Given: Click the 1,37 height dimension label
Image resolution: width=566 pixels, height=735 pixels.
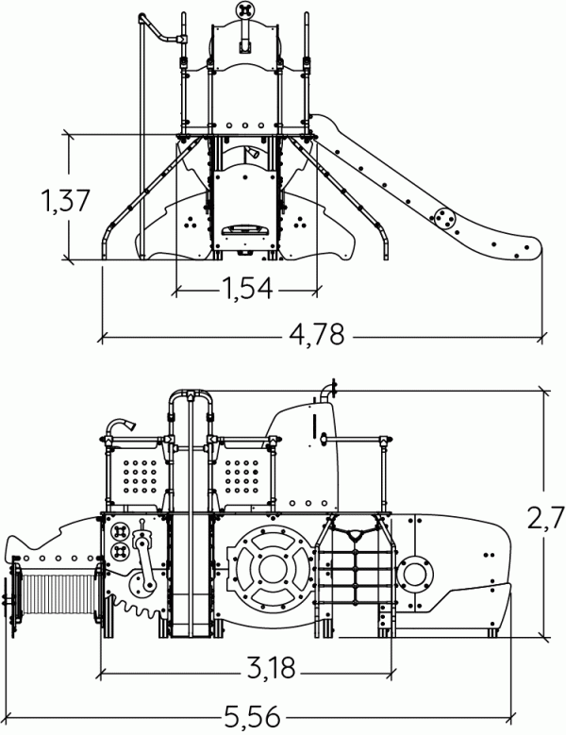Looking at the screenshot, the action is click(x=65, y=201).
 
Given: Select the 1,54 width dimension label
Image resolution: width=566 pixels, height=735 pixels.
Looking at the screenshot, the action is click(x=246, y=288).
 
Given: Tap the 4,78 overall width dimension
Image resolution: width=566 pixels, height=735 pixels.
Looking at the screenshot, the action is click(x=317, y=334).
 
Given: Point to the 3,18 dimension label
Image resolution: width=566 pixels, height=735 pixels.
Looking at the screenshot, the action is click(x=272, y=668).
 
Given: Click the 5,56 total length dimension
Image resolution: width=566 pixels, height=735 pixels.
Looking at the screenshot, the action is click(x=252, y=717).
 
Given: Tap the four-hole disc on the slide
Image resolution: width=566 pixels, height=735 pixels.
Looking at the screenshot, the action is click(x=443, y=218).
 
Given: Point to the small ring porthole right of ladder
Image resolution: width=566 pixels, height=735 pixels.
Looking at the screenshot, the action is click(x=415, y=575).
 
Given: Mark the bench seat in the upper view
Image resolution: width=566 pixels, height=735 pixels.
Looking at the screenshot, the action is click(x=244, y=230).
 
